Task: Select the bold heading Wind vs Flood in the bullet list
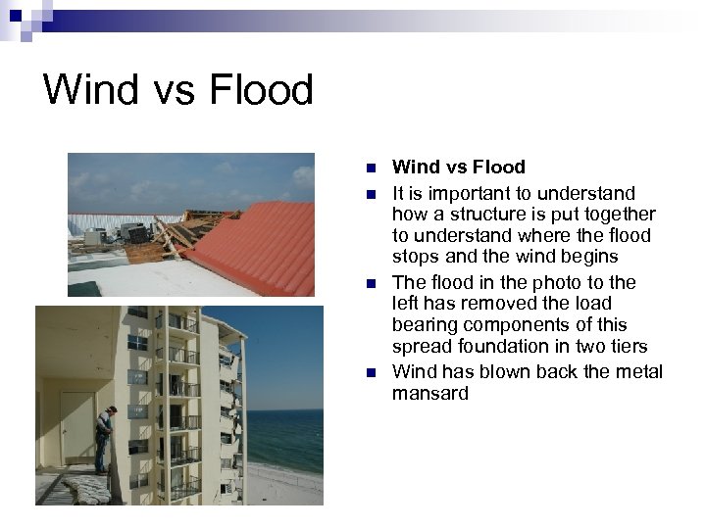[x=458, y=168]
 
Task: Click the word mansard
[x=429, y=394]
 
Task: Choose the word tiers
[x=629, y=347]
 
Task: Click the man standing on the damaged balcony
[x=105, y=438]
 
